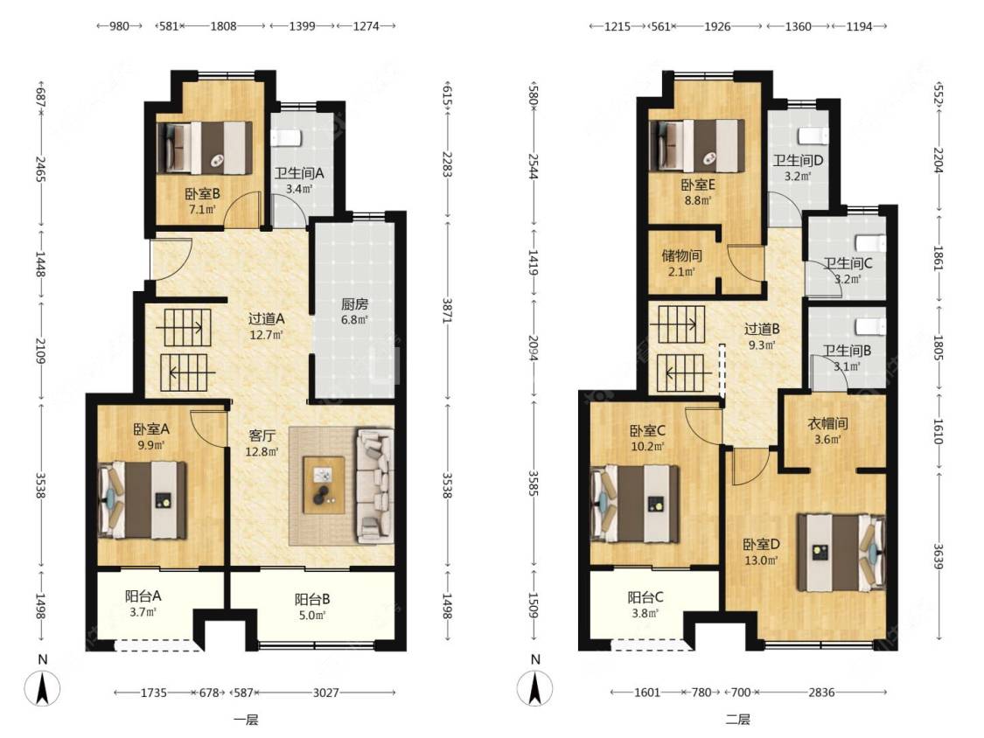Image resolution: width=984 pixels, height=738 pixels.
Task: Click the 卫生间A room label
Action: tap(299, 173)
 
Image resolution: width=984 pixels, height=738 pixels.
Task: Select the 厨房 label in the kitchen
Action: tap(354, 304)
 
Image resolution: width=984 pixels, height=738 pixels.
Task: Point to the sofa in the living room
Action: tap(374, 485)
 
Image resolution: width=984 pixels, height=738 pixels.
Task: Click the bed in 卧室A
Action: tap(143, 500)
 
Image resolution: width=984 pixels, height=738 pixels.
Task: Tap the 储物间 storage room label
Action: tap(681, 256)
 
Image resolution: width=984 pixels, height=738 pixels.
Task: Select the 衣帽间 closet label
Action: tap(827, 423)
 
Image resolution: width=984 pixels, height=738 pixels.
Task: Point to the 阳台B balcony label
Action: tap(312, 600)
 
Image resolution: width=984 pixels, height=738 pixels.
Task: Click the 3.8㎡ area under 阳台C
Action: tap(645, 614)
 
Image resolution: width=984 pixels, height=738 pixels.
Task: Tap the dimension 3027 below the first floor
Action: tap(326, 693)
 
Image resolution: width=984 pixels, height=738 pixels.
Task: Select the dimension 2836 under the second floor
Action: tap(821, 693)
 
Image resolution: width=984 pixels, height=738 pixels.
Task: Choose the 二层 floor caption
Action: tap(738, 720)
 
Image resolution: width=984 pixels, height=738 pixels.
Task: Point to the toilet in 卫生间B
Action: tap(872, 325)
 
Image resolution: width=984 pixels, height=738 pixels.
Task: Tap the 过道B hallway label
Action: tap(762, 329)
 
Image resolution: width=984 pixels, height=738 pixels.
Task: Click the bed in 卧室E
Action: tap(698, 145)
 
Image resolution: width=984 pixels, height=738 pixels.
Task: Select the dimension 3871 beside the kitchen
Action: tap(446, 310)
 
